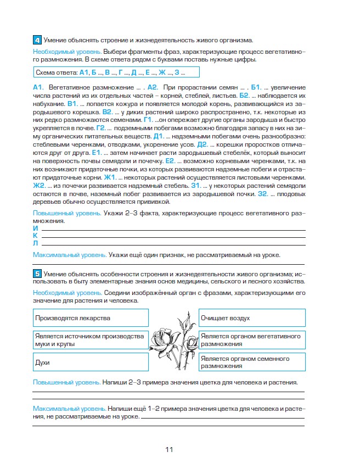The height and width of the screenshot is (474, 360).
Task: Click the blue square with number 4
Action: pos(36,40)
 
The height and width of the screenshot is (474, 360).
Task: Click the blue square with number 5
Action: pos(36,273)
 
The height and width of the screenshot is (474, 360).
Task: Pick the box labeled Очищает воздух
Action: pos(250,318)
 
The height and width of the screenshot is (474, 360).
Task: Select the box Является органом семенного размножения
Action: pos(250,363)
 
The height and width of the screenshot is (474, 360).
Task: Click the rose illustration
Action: pos(173,341)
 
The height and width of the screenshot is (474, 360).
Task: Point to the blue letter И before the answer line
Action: pos(36,227)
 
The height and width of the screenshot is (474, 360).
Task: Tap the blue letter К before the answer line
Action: pos(36,235)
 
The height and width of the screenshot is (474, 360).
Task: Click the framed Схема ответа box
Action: pos(115,73)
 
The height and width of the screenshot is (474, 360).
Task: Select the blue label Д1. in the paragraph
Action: pos(159,135)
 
